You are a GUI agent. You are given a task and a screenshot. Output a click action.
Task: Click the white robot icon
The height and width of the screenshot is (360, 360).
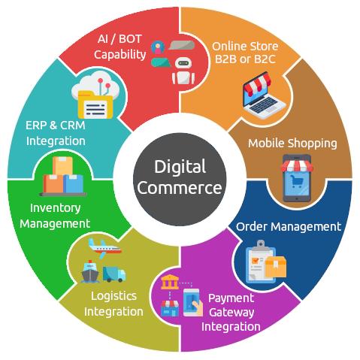click(183, 71)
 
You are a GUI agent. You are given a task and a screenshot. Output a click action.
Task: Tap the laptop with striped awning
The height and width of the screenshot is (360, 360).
click(263, 95)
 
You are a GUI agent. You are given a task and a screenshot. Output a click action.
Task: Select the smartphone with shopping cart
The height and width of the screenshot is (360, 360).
click(297, 178)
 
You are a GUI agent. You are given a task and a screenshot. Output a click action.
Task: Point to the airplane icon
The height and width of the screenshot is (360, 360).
click(104, 247)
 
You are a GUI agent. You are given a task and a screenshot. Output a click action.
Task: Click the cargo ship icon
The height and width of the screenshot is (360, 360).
click(90, 271)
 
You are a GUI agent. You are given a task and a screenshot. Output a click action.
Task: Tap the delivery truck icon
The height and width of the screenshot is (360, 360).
click(114, 274)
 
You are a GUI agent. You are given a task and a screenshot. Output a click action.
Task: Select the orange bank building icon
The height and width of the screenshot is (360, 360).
click(170, 282)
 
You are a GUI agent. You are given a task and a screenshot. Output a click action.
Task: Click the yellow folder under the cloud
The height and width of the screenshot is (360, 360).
click(95, 104)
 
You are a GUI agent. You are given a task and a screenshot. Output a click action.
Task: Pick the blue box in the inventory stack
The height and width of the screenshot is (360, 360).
click(73, 183)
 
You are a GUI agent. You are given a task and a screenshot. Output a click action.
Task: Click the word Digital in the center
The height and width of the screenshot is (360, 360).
click(180, 167)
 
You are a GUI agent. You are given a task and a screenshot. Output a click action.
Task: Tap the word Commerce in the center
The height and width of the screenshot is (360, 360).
click(180, 188)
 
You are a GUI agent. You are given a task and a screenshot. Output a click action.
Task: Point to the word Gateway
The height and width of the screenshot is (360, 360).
click(231, 313)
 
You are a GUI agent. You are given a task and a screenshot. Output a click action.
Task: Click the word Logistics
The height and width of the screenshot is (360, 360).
click(113, 296)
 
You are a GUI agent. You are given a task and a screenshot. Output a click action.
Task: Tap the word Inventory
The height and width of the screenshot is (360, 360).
click(55, 208)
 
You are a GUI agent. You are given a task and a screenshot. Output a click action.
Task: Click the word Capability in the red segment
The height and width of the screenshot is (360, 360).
click(120, 55)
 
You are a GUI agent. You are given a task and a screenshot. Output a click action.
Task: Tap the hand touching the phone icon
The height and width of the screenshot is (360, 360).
click(198, 307)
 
